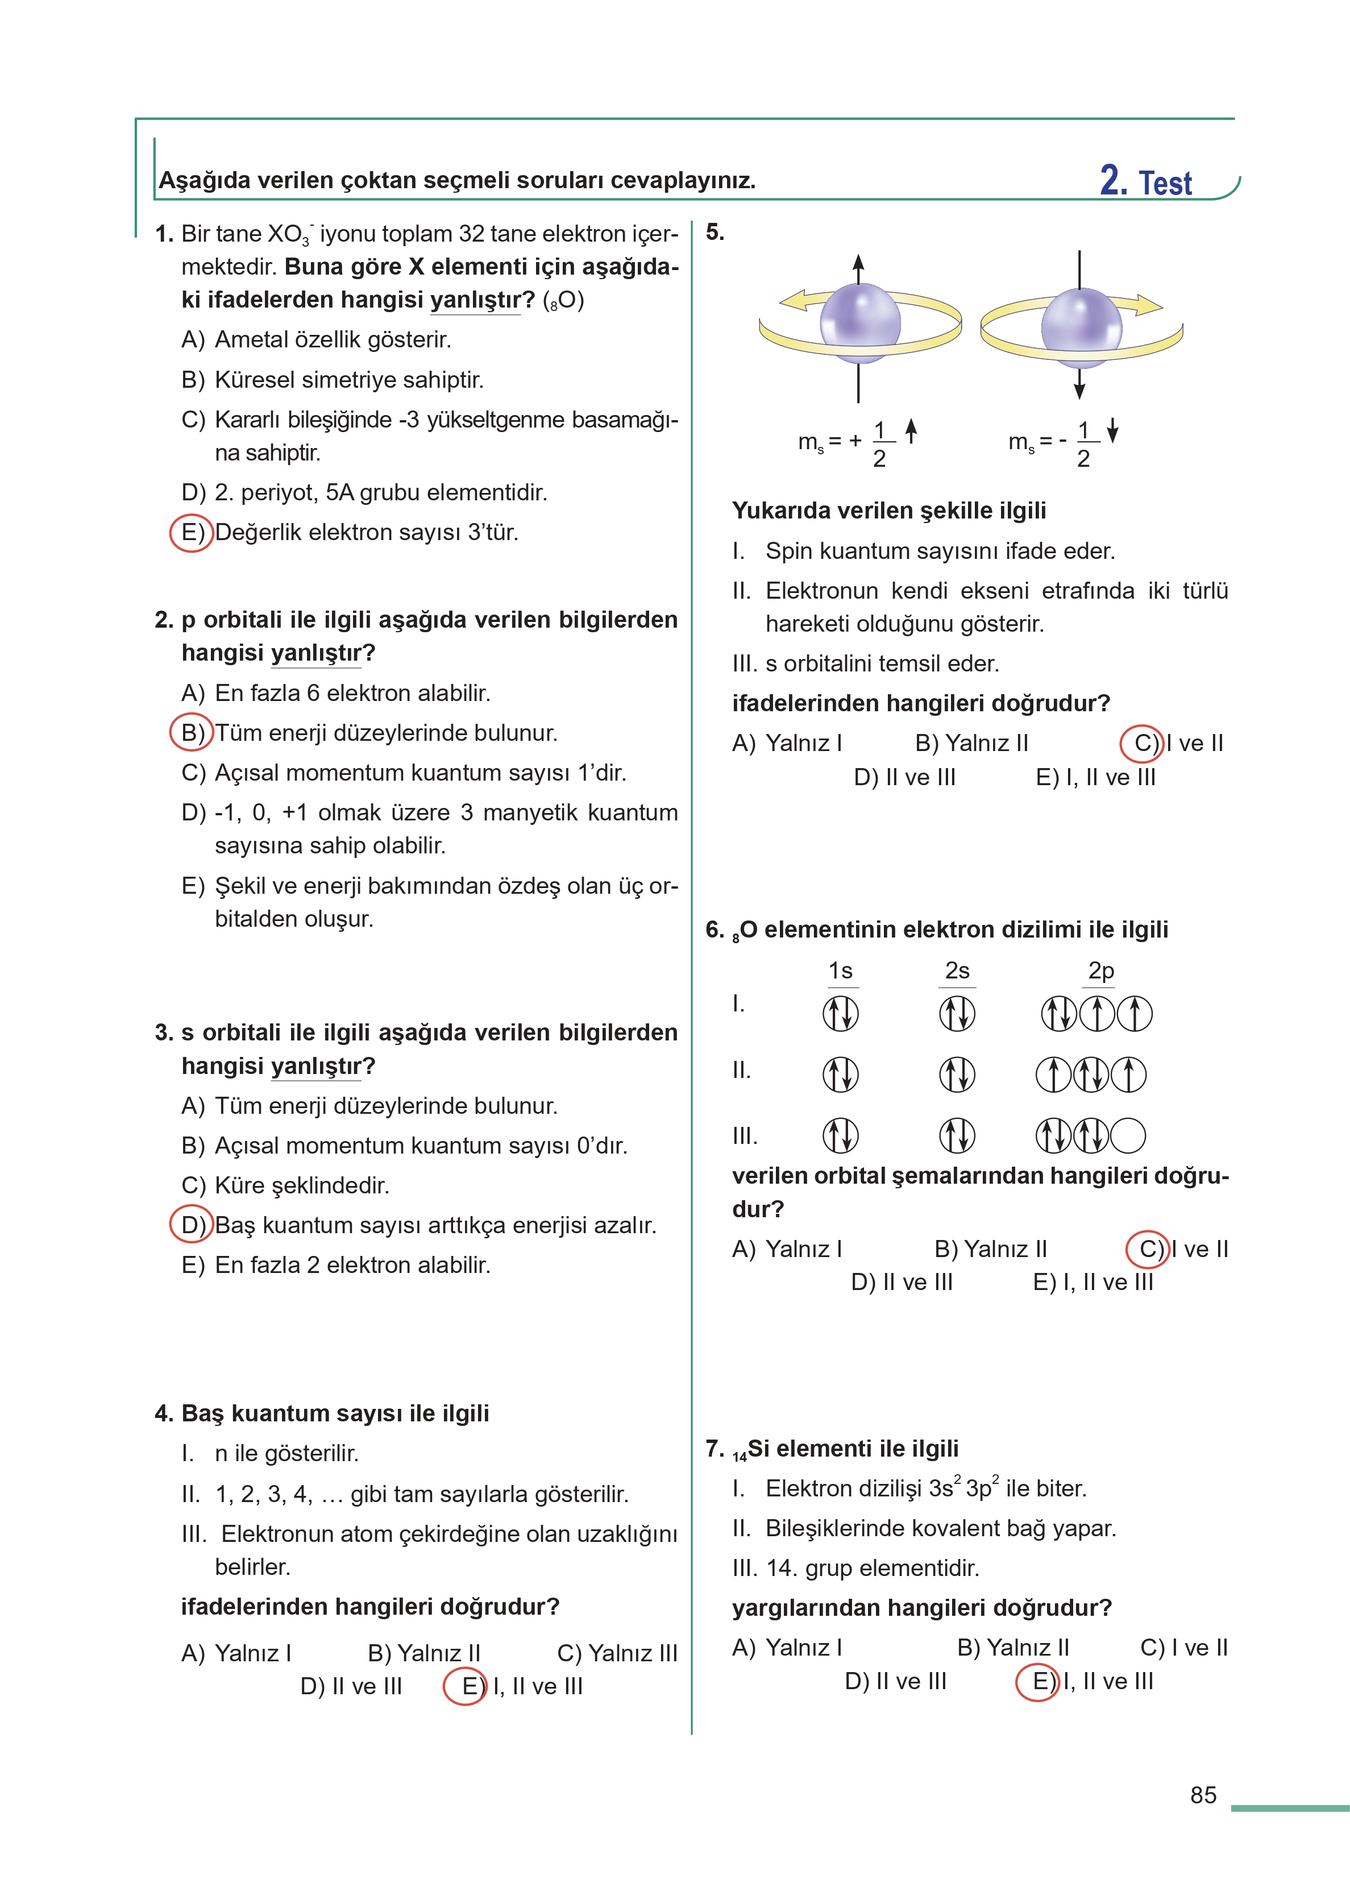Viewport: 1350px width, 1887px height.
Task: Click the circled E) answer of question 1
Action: click(191, 533)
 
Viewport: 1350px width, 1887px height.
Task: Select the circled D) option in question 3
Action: click(191, 1225)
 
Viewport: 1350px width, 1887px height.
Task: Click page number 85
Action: click(1202, 1795)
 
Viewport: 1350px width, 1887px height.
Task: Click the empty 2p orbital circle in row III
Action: click(1128, 1135)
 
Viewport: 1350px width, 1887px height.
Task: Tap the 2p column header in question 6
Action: click(1100, 971)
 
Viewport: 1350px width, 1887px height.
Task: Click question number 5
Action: click(715, 233)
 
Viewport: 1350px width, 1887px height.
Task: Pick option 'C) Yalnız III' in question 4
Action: click(617, 1653)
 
